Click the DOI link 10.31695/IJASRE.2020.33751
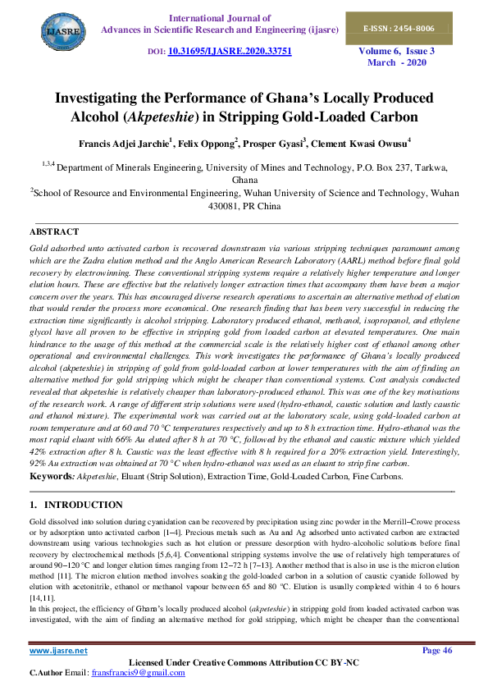[230, 51]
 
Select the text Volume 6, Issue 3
[397, 51]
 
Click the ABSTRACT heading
[54, 232]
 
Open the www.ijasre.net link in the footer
[58, 651]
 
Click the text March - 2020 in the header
[397, 62]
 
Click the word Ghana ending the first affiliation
[244, 179]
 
